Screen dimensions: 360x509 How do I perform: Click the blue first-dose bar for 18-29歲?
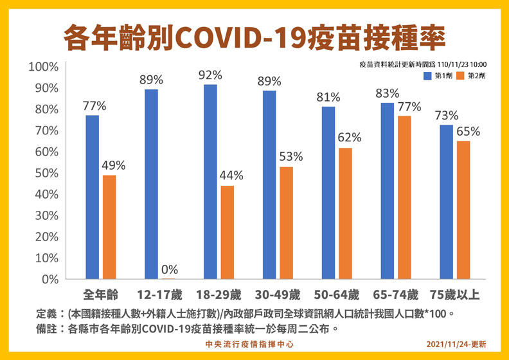point(210,182)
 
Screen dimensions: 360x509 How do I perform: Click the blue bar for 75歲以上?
point(445,202)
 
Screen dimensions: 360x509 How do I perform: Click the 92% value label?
point(210,74)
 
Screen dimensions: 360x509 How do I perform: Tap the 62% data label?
point(350,137)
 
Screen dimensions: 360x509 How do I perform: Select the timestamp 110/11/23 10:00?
point(461,65)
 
